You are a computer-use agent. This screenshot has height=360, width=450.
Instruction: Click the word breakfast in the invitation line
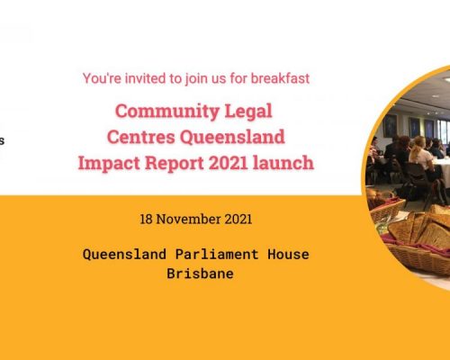[280, 78]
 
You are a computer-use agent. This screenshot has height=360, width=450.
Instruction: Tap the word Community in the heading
[167, 112]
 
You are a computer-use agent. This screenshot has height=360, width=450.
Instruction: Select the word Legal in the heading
[248, 112]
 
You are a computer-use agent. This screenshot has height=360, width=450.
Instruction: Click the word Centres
[141, 137]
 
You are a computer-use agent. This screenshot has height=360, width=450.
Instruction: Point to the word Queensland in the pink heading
[232, 138]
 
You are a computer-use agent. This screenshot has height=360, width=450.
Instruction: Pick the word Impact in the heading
[109, 164]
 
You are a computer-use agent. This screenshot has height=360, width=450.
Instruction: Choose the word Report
[175, 164]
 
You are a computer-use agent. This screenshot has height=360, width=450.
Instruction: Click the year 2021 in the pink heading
[228, 163]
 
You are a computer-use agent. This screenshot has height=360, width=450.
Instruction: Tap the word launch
[283, 163]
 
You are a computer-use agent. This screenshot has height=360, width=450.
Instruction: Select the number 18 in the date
[146, 219]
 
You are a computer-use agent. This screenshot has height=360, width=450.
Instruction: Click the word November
[189, 219]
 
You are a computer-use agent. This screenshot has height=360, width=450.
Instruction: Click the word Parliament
[217, 254]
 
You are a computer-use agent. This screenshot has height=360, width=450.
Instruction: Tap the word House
[288, 254]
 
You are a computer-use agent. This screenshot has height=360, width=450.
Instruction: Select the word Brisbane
[200, 274]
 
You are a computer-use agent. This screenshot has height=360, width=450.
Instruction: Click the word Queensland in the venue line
[124, 255]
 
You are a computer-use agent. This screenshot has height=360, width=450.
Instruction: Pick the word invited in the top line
[146, 78]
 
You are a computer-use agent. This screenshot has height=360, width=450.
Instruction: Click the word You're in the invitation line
[102, 78]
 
